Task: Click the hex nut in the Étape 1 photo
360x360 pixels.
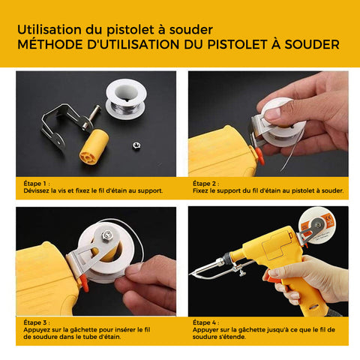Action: [136, 145]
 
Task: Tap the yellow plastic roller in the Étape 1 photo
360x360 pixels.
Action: [94, 147]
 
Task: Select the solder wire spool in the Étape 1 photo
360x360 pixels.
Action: [126, 99]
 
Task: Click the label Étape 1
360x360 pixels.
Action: [35, 184]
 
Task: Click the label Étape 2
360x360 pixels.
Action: [205, 184]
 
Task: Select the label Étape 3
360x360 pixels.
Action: [35, 322]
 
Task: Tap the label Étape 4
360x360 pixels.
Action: [205, 322]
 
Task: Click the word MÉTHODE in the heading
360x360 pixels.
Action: [50, 44]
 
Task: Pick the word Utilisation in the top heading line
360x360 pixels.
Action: [49, 29]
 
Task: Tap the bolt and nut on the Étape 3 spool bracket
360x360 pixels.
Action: [107, 235]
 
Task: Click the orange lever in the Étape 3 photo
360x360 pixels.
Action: [85, 285]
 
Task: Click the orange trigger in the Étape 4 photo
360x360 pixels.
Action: [273, 278]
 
